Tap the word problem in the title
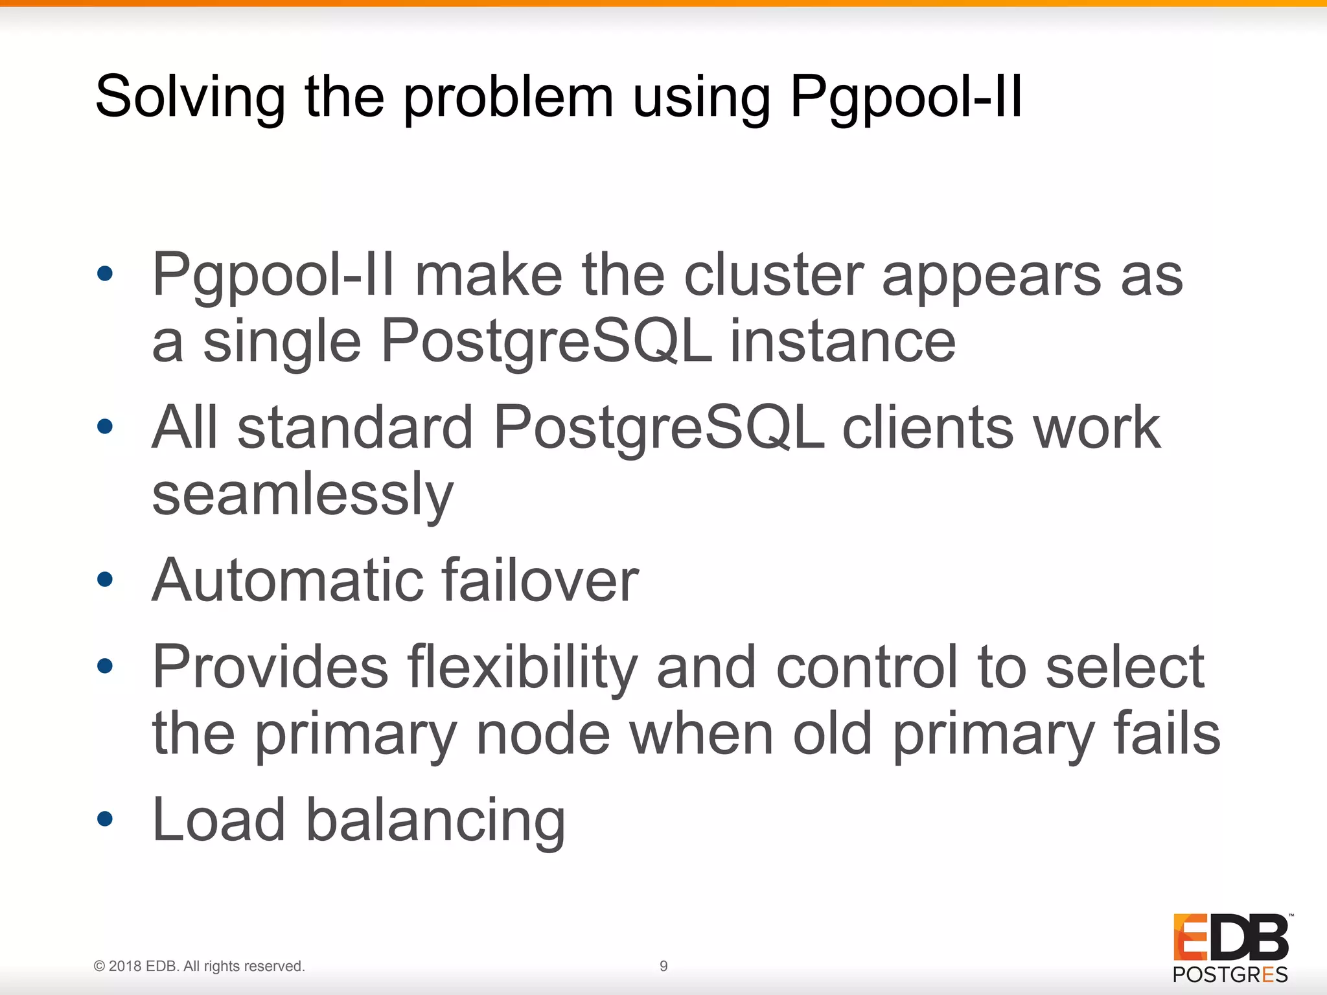pos(509,97)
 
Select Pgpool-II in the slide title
pos(906,97)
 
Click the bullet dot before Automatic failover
pos(105,578)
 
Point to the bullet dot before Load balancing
pos(105,819)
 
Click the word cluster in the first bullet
pos(774,275)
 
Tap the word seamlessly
pos(303,494)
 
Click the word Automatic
pos(286,580)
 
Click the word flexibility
pos(522,667)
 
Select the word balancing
pos(435,820)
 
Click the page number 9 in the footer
pos(663,966)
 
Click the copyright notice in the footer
pos(199,966)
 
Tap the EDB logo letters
pos(1230,937)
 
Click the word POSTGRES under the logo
pos(1230,974)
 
